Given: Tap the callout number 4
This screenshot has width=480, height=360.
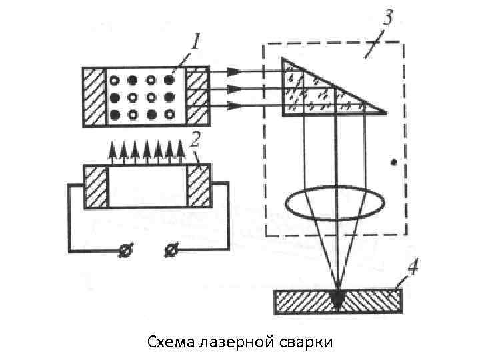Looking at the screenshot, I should pyautogui.click(x=413, y=269).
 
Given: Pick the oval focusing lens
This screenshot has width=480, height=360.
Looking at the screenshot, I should pyautogui.click(x=334, y=202).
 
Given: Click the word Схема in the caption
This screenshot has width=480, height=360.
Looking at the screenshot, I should pyautogui.click(x=170, y=342).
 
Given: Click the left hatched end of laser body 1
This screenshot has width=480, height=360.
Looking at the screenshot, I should pyautogui.click(x=95, y=97).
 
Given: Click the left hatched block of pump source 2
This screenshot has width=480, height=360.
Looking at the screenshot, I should pyautogui.click(x=96, y=186).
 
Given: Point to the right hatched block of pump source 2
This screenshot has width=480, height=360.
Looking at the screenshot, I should pyautogui.click(x=199, y=186).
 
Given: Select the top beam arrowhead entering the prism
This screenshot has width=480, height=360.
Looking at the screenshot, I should pyautogui.click(x=234, y=71).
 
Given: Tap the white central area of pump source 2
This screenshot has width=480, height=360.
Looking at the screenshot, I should pyautogui.click(x=147, y=186).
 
